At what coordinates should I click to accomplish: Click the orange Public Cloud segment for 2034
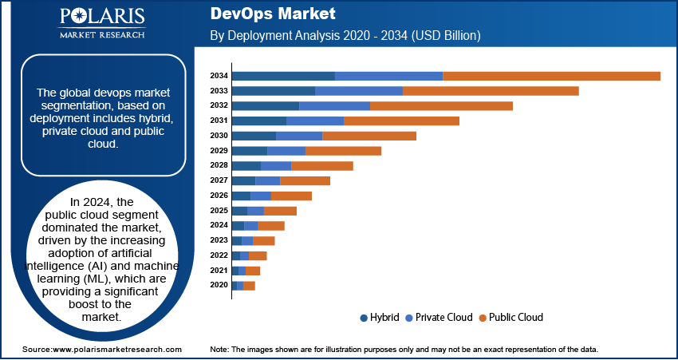tap(551, 76)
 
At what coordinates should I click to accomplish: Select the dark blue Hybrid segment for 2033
tap(273, 91)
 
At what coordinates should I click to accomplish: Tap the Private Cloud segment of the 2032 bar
tap(334, 105)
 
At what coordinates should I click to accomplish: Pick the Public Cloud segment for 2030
tap(369, 136)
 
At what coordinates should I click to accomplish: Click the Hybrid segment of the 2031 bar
tap(258, 121)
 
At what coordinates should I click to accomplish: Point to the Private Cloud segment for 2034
tap(388, 76)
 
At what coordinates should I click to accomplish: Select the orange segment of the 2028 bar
tap(322, 165)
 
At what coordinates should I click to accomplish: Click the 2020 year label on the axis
tap(219, 285)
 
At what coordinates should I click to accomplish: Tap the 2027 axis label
tap(219, 180)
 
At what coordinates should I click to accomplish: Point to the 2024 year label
tap(219, 225)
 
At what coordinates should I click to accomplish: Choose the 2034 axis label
tap(219, 76)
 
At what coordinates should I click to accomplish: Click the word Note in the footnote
tap(219, 350)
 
